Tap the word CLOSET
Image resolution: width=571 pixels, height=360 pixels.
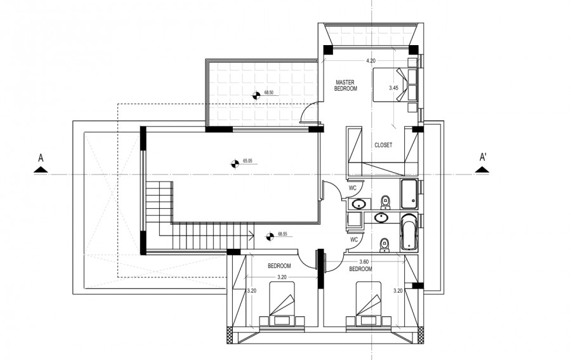383,145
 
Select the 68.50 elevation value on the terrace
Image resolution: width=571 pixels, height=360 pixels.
269,93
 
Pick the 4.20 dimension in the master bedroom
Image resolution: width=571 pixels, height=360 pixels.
371,61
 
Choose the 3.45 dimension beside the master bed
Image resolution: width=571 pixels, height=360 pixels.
393,88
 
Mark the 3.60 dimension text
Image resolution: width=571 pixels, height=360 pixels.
364,262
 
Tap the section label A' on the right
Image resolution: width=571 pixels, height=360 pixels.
483,157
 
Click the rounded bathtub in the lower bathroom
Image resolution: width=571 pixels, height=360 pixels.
409,232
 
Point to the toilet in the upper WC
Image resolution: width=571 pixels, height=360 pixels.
385,203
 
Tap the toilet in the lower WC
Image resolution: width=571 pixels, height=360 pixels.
383,244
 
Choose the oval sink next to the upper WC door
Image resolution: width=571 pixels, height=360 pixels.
359,204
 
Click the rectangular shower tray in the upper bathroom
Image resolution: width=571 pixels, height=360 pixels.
409,193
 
